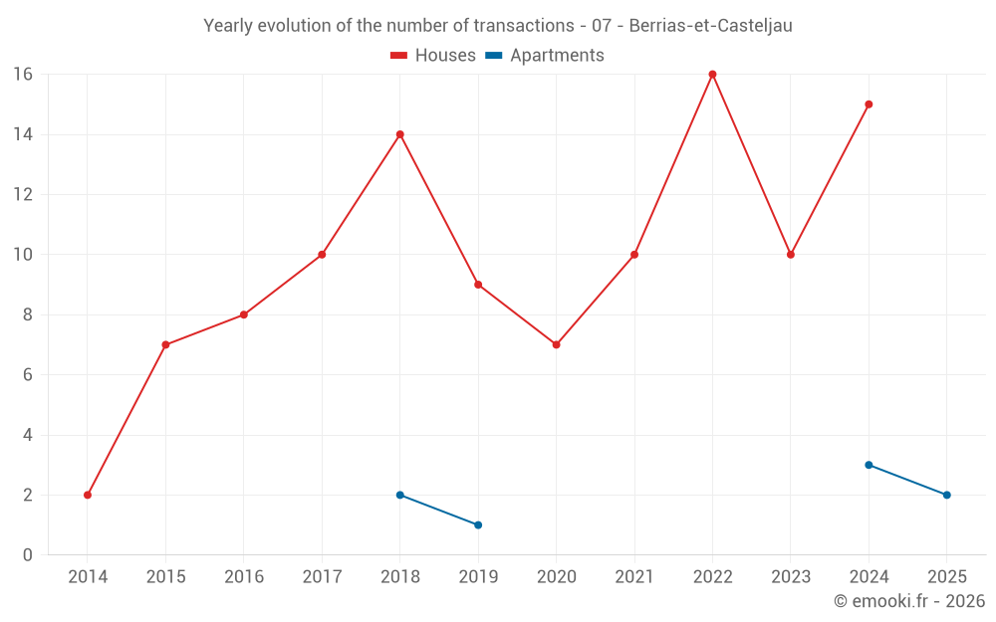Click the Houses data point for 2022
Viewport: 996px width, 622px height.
point(712,74)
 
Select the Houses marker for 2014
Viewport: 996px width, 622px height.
point(88,495)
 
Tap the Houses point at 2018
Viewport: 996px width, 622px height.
point(399,134)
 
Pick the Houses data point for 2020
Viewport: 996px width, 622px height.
point(556,344)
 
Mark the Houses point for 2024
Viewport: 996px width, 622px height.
point(869,104)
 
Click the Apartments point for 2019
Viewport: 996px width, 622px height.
point(478,524)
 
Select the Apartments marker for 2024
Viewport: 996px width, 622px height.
point(869,465)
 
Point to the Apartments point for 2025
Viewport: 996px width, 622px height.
point(946,495)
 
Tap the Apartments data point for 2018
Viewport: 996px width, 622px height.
point(399,495)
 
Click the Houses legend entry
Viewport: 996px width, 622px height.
point(433,56)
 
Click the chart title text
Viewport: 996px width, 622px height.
point(498,26)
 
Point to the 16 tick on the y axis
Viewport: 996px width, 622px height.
point(22,75)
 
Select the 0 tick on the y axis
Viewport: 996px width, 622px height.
point(27,555)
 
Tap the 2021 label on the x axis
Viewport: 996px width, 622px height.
point(634,577)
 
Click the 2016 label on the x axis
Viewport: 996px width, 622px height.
point(244,577)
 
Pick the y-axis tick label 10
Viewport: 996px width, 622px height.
point(22,255)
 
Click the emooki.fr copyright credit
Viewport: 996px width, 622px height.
point(908,601)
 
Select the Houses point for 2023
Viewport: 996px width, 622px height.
point(791,255)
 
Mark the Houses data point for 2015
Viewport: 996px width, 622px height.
point(165,344)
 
